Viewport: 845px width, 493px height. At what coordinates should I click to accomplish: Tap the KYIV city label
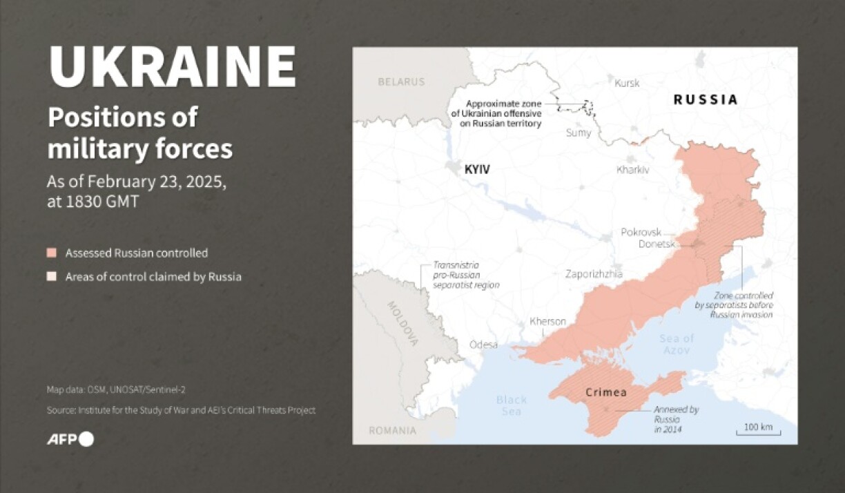coord(477,169)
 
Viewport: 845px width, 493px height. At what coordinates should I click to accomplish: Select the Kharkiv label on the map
coord(633,168)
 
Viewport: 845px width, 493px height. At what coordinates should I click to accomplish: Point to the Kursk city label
coord(627,83)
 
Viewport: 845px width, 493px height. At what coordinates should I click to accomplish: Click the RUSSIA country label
coord(706,99)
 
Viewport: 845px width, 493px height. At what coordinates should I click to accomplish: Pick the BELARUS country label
coord(401,81)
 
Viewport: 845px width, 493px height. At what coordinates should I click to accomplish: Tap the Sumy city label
coord(579,133)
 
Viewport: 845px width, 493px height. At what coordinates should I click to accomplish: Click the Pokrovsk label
coord(641,232)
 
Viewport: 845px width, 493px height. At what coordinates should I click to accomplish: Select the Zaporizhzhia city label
coord(594,274)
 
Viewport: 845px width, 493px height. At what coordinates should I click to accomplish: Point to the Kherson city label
coord(547,322)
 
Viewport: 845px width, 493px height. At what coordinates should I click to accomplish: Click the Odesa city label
coord(483,345)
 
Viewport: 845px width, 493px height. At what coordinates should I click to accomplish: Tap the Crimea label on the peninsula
coord(605,393)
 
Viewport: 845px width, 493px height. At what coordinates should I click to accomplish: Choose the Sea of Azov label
coord(676,343)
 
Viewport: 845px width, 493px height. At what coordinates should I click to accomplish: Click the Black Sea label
coord(512,405)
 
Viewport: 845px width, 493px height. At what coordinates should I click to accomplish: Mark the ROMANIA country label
coord(392,431)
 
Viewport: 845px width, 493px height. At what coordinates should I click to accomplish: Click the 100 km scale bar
coord(757,429)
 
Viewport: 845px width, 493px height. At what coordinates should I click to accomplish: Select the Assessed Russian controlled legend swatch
coord(52,253)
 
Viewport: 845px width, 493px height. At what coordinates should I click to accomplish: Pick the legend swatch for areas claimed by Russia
coord(52,277)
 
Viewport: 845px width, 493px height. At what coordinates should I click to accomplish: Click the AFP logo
coord(70,439)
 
